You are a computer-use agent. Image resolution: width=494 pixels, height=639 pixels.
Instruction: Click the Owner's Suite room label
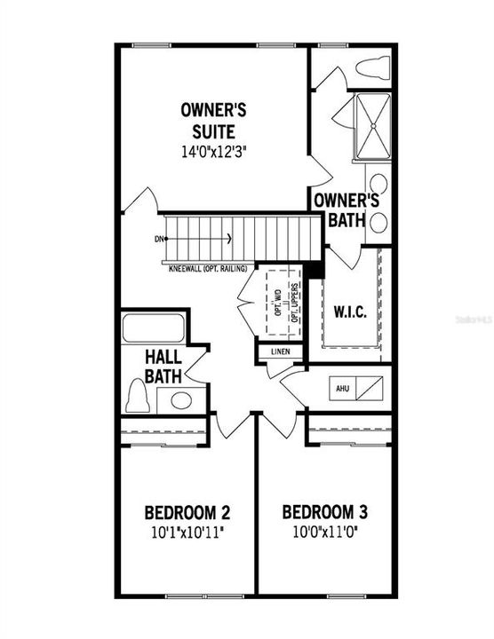[x=213, y=121]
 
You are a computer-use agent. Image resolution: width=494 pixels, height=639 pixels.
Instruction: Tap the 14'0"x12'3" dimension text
[x=213, y=151]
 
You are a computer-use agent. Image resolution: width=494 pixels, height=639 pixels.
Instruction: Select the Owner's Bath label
[x=346, y=209]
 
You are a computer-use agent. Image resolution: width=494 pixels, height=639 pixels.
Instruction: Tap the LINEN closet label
[x=280, y=351]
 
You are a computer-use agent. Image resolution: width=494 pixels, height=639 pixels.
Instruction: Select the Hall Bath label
[x=163, y=366]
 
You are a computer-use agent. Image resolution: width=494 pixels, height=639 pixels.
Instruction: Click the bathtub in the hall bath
[x=153, y=328]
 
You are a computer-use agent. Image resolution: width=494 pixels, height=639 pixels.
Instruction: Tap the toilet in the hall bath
[x=137, y=396]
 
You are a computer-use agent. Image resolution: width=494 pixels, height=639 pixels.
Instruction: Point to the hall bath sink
[x=181, y=399]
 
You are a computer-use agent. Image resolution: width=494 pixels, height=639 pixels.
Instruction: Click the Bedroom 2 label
[x=187, y=513]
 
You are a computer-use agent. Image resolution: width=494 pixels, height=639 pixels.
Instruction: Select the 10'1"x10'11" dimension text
[x=187, y=535]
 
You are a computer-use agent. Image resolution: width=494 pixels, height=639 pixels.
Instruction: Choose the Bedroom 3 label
[x=325, y=513]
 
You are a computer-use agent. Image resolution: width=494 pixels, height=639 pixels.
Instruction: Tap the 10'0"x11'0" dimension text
[x=325, y=535]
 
